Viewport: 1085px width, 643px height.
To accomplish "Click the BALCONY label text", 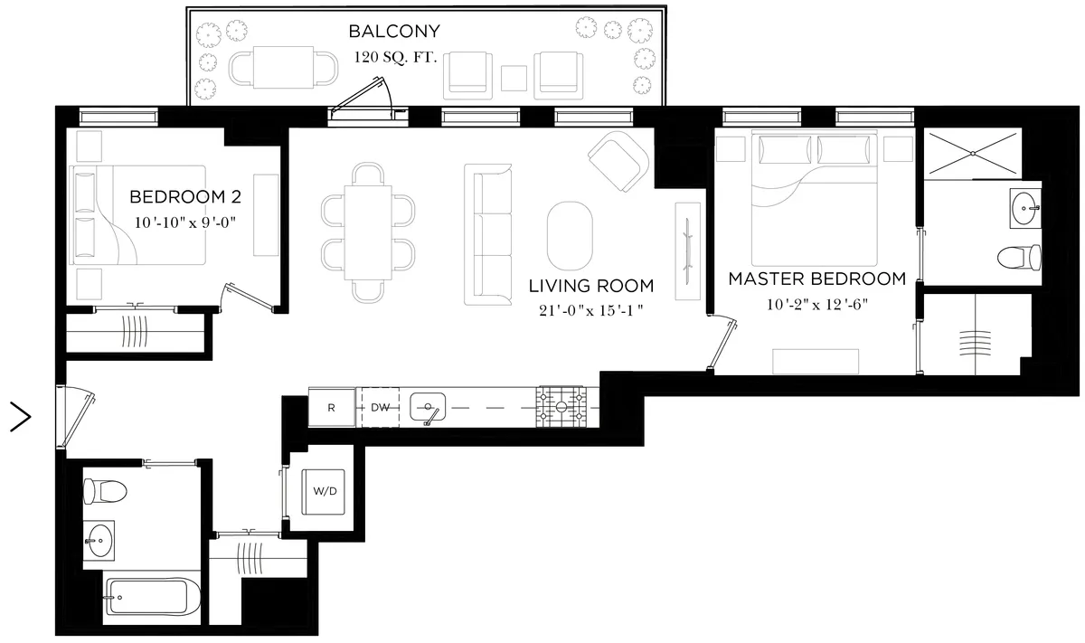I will click(x=394, y=33).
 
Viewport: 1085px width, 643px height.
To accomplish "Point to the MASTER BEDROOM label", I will click(x=816, y=279).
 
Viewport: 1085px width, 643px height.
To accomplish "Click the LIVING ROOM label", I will click(x=590, y=287).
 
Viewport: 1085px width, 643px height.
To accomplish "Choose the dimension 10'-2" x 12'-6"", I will click(x=816, y=304).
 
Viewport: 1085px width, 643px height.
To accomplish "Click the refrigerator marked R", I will click(x=332, y=408).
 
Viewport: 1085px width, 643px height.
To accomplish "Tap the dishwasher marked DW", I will click(x=381, y=408).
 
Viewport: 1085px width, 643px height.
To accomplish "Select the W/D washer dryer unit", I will click(x=325, y=492).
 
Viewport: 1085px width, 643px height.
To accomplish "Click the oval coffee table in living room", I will click(x=571, y=232).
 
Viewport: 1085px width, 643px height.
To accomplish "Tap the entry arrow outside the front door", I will click(x=20, y=417).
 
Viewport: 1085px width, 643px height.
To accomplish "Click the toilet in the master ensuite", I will click(x=1016, y=259).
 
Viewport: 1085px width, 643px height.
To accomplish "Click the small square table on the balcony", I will click(x=514, y=79).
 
